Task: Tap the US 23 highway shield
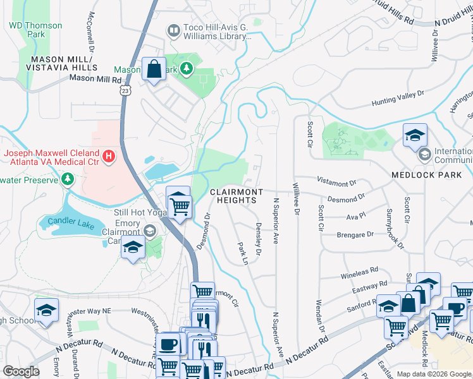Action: click(x=126, y=91)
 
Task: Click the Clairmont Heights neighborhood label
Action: click(x=233, y=196)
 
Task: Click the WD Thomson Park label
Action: click(x=35, y=30)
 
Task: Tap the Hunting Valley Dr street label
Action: click(x=398, y=95)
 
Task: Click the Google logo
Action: click(x=21, y=371)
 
